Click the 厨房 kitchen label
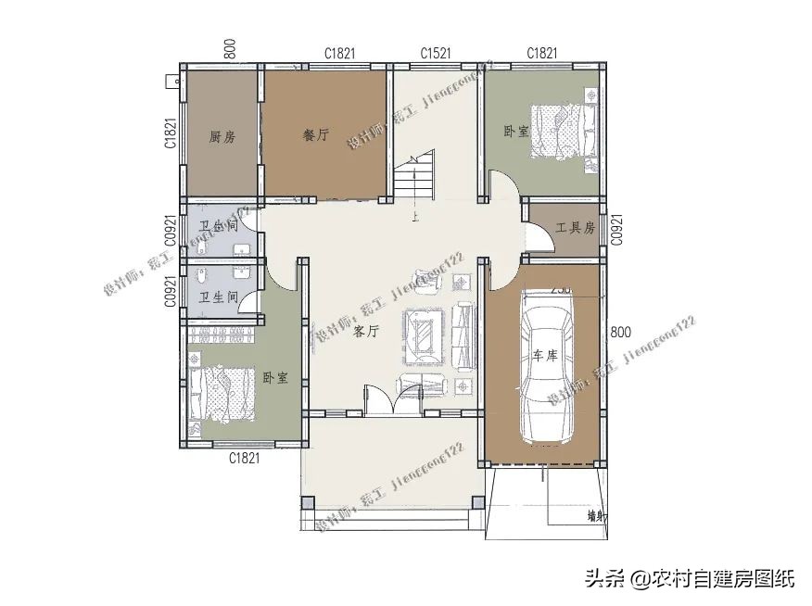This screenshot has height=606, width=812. click(x=222, y=137)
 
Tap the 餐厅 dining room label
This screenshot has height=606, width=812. click(x=316, y=135)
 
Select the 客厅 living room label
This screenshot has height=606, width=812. click(x=367, y=331)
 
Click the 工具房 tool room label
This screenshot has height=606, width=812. click(x=575, y=228)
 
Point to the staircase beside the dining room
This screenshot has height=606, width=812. click(x=413, y=176)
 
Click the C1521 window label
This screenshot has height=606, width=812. click(x=435, y=54)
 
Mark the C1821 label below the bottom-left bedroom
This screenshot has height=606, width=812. click(x=244, y=457)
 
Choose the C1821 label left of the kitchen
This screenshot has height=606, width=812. click(x=171, y=133)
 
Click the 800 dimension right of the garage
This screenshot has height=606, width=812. click(x=620, y=332)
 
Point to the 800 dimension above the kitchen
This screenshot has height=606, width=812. click(x=230, y=49)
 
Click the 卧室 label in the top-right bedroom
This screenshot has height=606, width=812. click(x=516, y=132)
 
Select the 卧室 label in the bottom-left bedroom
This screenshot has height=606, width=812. click(x=274, y=378)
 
